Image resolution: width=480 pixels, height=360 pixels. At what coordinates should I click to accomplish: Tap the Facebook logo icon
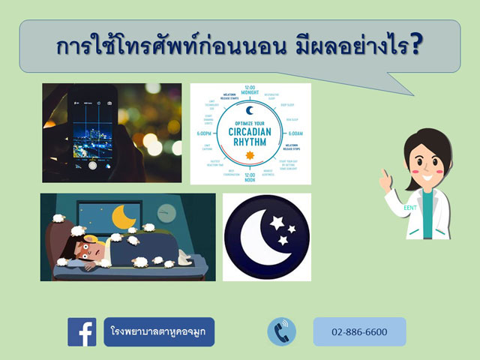pyautogui.click(x=82, y=331)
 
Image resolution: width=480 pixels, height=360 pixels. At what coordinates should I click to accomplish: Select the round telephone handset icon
pyautogui.click(x=282, y=331)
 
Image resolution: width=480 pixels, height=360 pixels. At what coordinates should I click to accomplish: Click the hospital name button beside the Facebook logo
pyautogui.click(x=159, y=331)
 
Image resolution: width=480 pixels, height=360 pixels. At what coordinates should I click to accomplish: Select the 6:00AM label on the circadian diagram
pyautogui.click(x=295, y=133)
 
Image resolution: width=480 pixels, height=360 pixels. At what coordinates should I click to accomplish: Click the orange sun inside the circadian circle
pyautogui.click(x=250, y=155)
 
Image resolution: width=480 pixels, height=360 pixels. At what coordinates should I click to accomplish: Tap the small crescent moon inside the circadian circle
pyautogui.click(x=250, y=110)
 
